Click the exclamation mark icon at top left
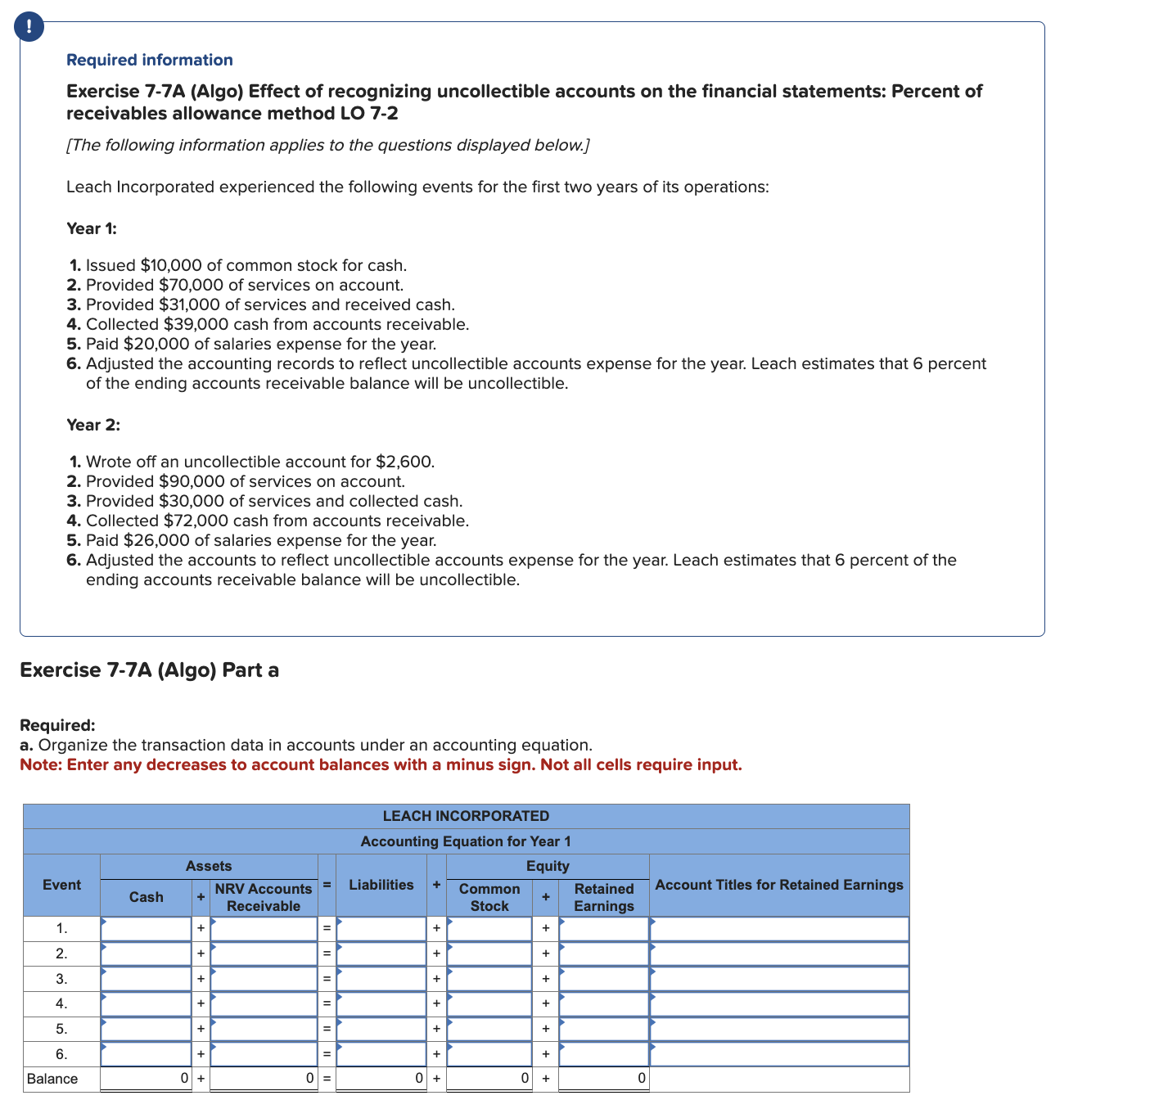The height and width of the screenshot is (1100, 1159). [29, 27]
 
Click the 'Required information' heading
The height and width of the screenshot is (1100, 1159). [149, 60]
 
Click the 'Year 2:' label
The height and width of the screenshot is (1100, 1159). [92, 425]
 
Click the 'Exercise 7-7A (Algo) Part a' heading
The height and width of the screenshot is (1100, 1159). [149, 670]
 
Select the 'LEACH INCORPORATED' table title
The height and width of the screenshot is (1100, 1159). [466, 816]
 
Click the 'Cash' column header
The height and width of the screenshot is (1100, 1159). [146, 897]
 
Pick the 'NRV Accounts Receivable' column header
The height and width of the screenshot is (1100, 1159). [263, 897]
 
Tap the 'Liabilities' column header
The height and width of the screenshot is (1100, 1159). [381, 885]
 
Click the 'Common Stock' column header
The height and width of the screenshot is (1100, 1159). [489, 897]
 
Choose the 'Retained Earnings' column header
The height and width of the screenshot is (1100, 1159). [603, 897]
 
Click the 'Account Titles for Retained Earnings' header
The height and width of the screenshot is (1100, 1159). [778, 885]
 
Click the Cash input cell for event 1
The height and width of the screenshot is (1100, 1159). [146, 929]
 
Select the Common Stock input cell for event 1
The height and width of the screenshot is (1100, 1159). [489, 929]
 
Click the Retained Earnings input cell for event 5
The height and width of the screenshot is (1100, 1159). [603, 1029]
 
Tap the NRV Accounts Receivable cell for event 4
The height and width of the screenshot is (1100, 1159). [263, 1004]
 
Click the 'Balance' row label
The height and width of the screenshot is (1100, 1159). [52, 1079]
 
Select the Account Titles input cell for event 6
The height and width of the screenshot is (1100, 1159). [778, 1054]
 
